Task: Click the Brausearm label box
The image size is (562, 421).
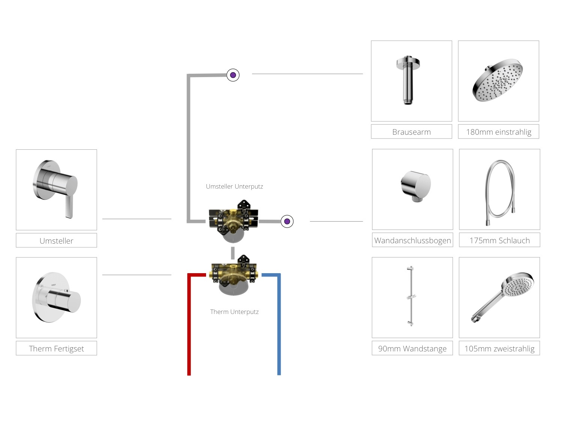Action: [411, 132]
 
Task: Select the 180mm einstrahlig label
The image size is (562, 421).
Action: [498, 132]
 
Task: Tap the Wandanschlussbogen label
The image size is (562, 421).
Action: [412, 240]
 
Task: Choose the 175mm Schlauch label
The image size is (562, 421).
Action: [499, 240]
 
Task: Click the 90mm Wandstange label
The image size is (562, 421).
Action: [412, 348]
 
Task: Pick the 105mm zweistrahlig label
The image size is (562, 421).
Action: [499, 348]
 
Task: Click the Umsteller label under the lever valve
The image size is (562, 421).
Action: [56, 240]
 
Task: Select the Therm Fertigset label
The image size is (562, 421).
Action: [56, 348]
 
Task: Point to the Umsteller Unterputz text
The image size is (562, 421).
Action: [234, 186]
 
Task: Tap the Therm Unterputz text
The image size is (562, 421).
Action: [234, 312]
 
